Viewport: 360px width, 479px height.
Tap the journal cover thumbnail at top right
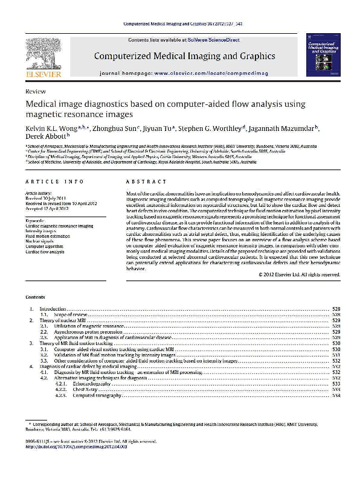(323, 55)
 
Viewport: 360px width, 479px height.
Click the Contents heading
(35, 297)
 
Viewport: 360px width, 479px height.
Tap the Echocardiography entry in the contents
(91, 384)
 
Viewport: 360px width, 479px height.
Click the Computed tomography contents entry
(94, 395)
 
